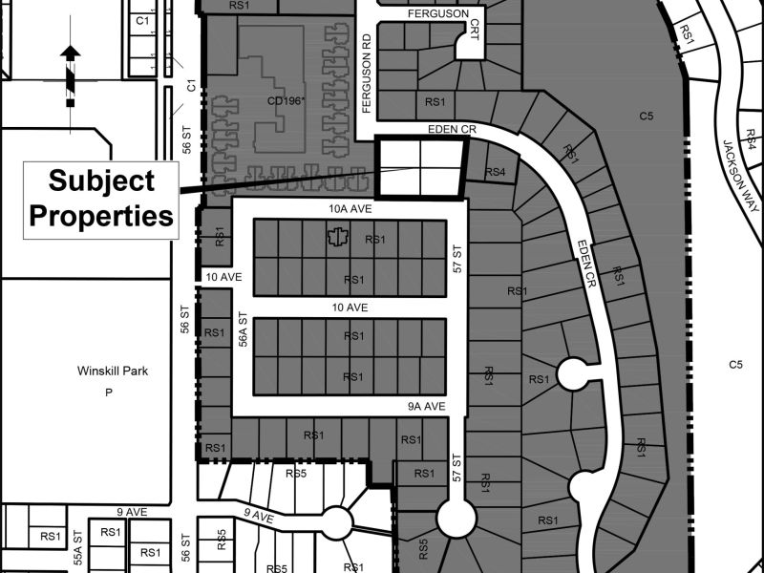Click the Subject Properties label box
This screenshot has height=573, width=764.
coord(101,201)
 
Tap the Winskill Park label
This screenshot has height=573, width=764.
coord(113,371)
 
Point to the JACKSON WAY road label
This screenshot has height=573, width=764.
coord(741,177)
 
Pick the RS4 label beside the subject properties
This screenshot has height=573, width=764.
coord(495,172)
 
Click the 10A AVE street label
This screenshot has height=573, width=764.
coord(350,209)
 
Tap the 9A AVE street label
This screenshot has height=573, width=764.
coord(428,407)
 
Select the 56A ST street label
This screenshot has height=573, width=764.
coord(244,329)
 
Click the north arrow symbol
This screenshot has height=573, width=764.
coord(71,75)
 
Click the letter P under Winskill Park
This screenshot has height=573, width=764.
coord(108,393)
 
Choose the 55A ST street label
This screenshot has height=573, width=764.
coord(79,547)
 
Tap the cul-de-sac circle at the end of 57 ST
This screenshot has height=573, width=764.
coord(456,519)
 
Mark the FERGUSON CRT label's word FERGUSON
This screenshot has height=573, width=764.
coord(438,13)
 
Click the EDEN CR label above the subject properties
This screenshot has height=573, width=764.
coord(452,130)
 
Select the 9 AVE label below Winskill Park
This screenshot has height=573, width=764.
coord(132,512)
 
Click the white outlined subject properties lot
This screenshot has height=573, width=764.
coord(421,169)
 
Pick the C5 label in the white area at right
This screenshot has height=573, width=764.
coord(735,365)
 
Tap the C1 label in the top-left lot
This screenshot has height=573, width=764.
coord(141,20)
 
